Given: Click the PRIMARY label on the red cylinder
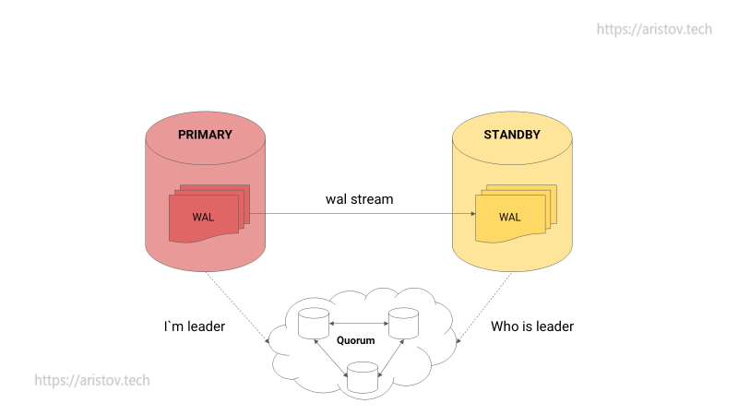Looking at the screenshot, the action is [205, 135].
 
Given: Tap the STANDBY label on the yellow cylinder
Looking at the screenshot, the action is [512, 135].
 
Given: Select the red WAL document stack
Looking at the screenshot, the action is [209, 214].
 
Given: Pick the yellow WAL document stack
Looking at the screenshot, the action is [516, 214].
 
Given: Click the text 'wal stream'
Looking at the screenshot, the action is [359, 199].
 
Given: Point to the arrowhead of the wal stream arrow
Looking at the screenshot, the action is [473, 214].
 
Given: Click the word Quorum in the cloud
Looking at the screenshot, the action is [356, 340].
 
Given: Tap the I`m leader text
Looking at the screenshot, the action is [195, 326].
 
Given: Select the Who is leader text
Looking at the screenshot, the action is [532, 326].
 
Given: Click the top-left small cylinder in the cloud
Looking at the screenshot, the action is [314, 324].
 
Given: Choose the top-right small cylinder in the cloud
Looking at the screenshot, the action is [403, 324].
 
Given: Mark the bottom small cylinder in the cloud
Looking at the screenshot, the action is [363, 377].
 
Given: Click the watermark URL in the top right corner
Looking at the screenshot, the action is [654, 30].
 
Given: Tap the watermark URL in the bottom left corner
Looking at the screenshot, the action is [92, 380].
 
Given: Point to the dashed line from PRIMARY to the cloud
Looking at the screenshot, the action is [237, 307].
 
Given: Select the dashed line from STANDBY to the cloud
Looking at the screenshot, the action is [484, 307].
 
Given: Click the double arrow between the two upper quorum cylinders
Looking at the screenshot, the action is [359, 324].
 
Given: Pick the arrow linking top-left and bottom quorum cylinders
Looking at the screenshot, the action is [330, 358].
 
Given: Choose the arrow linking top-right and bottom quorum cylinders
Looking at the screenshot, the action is [391, 358].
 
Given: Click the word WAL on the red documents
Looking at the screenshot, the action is [203, 218].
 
